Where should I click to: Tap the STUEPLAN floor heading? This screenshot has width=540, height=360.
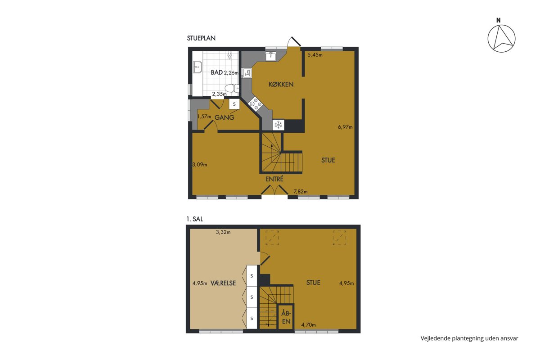[201, 38]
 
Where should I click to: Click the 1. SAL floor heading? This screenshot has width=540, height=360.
[194, 219]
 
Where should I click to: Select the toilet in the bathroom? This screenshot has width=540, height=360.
[232, 88]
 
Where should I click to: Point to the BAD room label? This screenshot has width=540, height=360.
[217, 72]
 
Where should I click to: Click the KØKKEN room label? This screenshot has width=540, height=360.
[281, 85]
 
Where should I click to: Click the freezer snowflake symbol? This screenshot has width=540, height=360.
[279, 125]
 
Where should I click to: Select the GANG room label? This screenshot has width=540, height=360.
[224, 117]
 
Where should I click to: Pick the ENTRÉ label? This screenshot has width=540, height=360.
[274, 179]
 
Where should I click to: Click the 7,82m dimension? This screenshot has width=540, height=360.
[301, 192]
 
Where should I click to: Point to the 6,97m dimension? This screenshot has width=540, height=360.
[345, 127]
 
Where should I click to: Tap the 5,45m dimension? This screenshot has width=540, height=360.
[315, 55]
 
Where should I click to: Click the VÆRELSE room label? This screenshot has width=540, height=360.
[223, 283]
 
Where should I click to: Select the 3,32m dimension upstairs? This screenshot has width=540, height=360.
[223, 232]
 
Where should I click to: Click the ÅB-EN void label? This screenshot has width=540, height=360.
[286, 317]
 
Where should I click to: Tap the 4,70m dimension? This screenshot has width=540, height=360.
[308, 325]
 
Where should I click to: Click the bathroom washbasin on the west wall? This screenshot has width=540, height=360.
[198, 67]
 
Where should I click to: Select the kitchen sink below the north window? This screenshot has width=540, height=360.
[271, 56]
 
